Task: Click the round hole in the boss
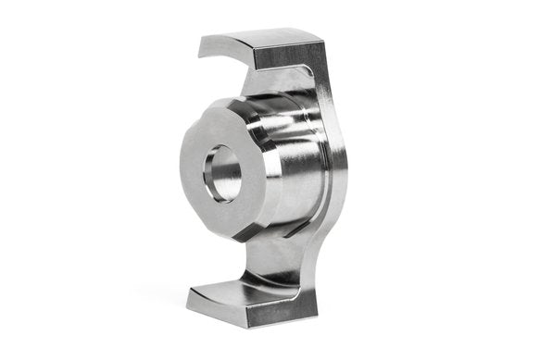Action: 222,173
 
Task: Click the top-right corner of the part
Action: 323,42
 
